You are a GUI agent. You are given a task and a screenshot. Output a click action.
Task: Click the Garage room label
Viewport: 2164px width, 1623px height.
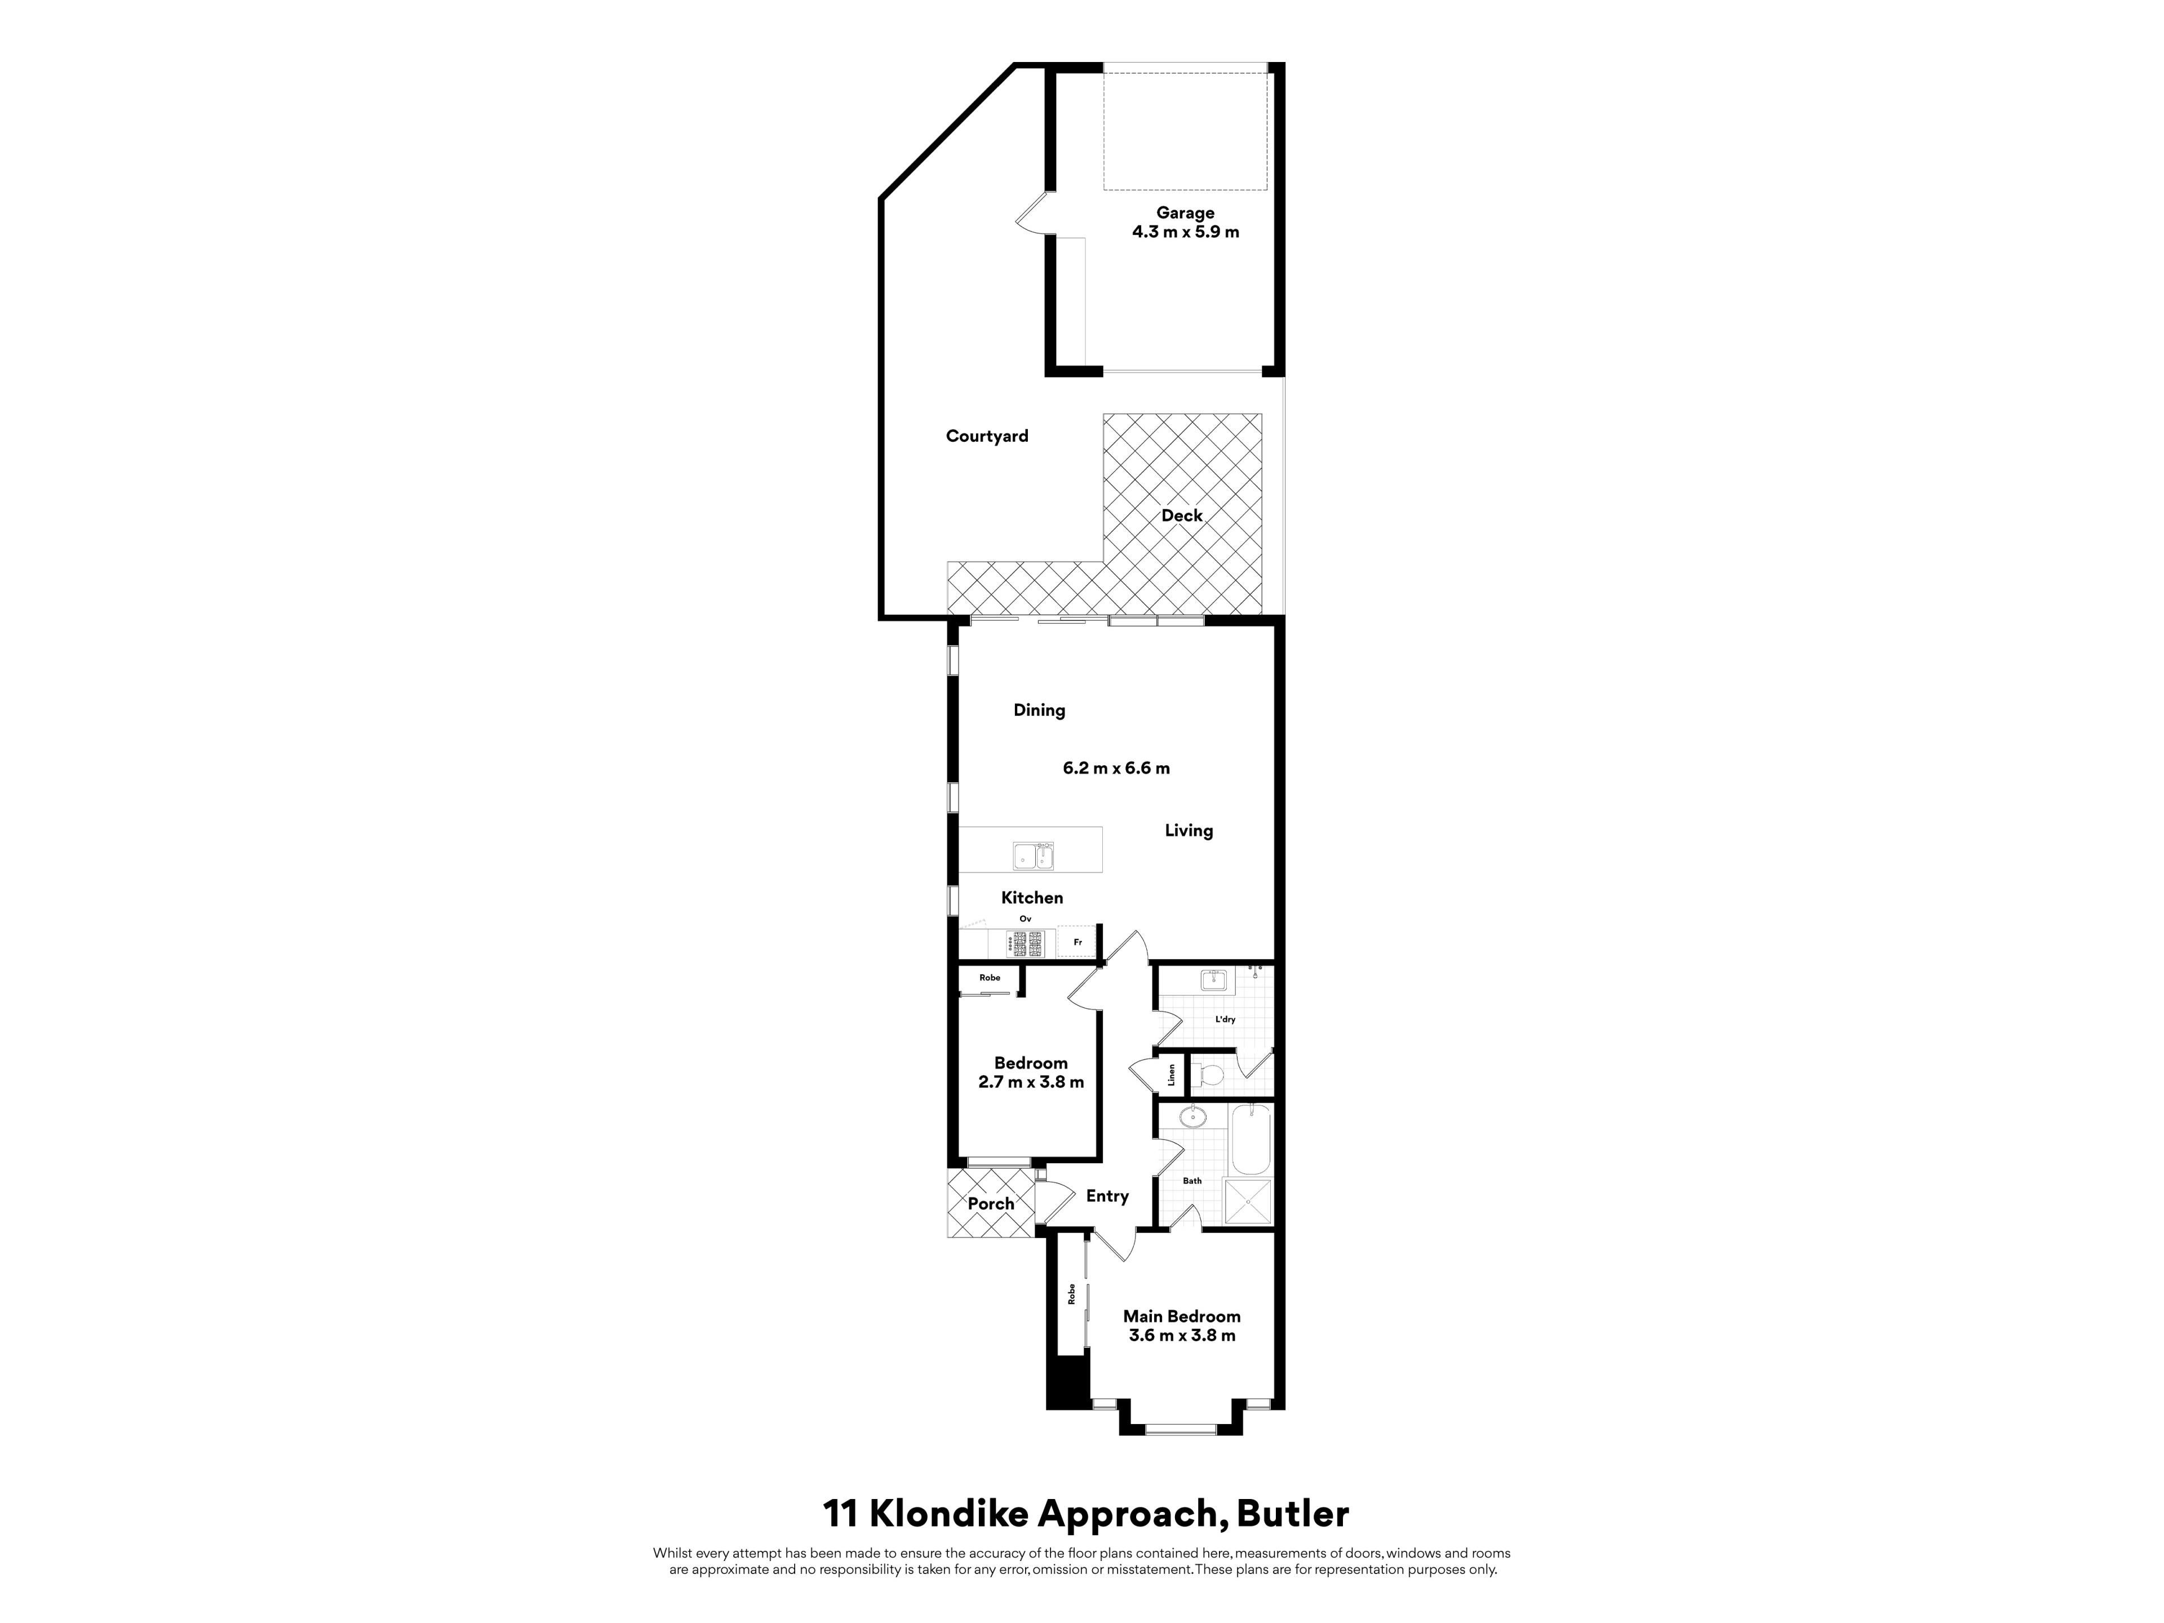1185,213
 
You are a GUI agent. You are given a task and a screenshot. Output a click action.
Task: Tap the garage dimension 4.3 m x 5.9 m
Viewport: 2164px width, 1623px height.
1185,232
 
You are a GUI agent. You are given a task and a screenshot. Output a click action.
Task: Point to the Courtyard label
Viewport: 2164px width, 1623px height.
987,436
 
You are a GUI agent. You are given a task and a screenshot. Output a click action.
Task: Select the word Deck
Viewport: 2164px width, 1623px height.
1182,516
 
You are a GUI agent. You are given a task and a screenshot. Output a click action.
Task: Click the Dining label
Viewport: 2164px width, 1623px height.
1039,710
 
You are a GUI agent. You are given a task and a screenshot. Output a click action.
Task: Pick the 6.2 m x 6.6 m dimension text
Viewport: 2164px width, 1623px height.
1116,768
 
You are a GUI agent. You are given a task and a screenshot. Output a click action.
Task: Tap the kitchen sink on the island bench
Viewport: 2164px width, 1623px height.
1033,856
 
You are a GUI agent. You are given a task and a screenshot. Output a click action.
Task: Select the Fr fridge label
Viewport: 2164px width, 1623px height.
1077,943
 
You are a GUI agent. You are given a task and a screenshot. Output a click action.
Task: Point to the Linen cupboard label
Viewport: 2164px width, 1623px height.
1171,1075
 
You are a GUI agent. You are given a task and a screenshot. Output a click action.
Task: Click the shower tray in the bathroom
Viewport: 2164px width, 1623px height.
1248,1203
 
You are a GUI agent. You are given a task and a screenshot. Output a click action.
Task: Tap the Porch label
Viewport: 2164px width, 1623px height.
991,1204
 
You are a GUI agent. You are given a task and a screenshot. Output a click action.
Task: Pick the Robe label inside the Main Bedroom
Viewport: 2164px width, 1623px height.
1071,1294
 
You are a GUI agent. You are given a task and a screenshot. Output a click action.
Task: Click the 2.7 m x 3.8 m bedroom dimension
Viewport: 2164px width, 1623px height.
1031,1082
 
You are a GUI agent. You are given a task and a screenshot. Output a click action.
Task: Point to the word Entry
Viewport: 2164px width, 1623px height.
1107,1196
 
